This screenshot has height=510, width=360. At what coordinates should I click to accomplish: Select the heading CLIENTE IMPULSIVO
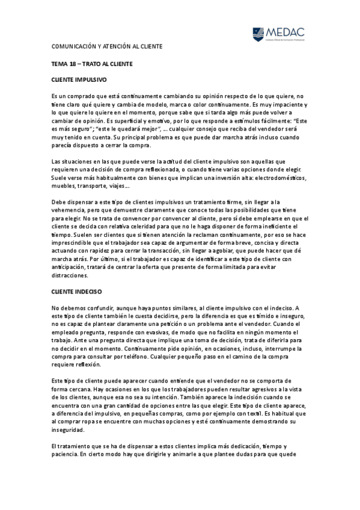click(79, 79)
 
